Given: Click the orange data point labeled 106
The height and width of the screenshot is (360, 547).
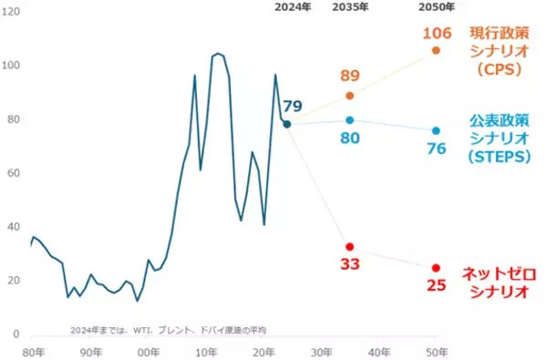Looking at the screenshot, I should tap(436, 50).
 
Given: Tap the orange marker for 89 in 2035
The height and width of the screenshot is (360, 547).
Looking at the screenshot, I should tap(349, 96).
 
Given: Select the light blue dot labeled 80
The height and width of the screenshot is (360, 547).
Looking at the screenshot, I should tap(349, 120).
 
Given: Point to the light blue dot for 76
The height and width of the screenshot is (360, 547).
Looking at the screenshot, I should tap(436, 130).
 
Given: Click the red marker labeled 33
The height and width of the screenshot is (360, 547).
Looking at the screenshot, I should tap(349, 247).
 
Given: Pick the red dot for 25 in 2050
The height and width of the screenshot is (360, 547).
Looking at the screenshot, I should tap(436, 268).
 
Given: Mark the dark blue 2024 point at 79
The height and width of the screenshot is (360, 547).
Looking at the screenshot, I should tap(286, 124).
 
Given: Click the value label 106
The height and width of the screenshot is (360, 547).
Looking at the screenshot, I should tap(436, 34).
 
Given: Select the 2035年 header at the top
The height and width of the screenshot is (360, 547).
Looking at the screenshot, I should tap(350, 7).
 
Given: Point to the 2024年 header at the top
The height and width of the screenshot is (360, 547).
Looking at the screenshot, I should tap(293, 7).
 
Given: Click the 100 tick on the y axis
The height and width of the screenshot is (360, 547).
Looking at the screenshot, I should tap(13, 66).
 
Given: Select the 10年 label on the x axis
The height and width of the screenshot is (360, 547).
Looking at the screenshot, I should tap(206, 351).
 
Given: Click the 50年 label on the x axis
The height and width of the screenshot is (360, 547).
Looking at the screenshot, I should tap(436, 351).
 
